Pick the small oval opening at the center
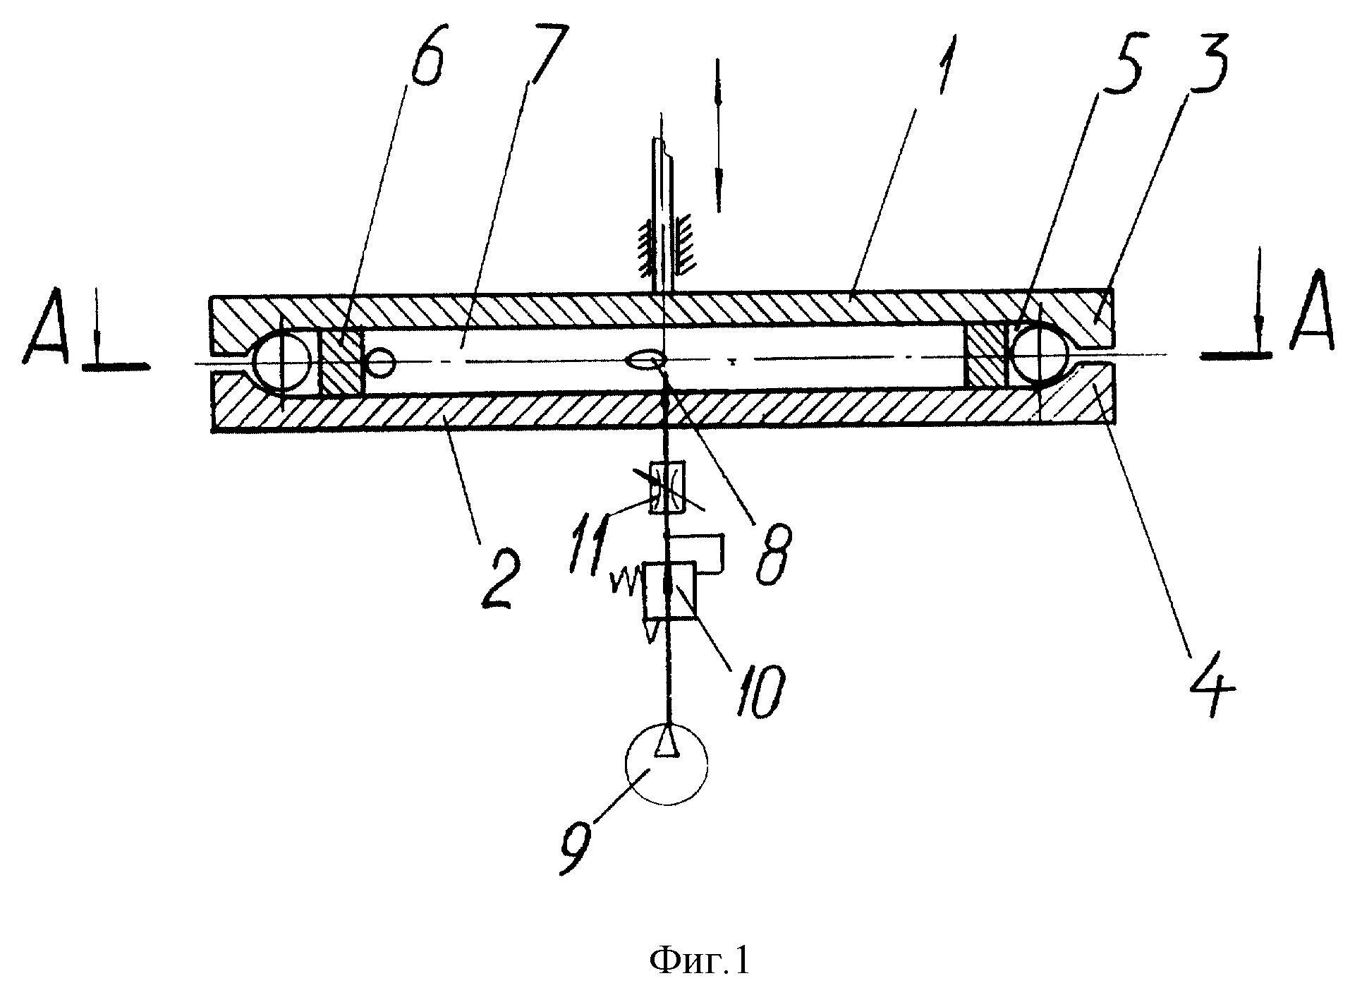(645, 361)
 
